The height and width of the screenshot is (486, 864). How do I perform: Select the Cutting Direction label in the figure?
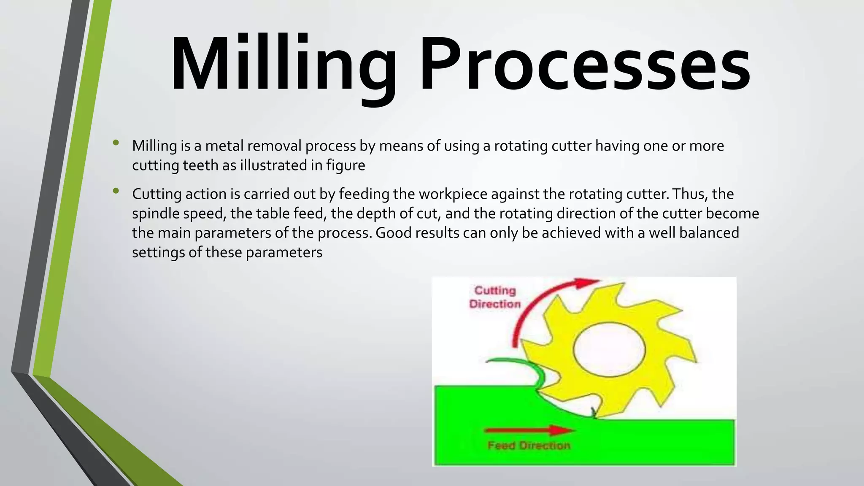[x=494, y=297]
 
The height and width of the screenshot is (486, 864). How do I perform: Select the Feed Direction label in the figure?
[x=529, y=445]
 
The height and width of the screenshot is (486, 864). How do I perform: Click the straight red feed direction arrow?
[x=530, y=430]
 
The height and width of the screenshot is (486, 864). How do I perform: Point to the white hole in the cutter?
[x=609, y=350]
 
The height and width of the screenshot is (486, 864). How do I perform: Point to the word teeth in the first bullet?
[x=200, y=165]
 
